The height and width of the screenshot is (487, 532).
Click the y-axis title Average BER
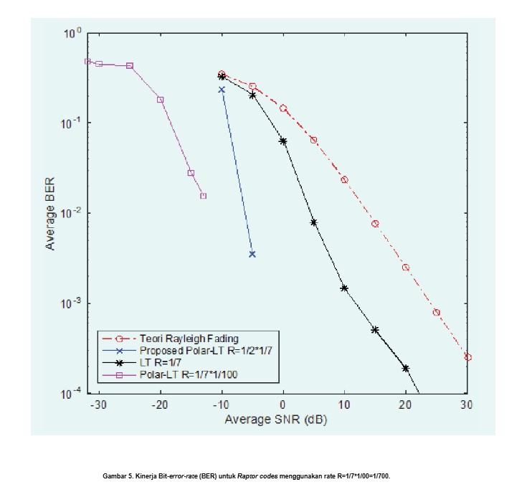click(52, 213)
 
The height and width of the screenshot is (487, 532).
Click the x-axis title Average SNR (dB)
click(275, 419)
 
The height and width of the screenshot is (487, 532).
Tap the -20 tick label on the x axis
click(160, 405)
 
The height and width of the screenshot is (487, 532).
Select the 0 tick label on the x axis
click(282, 405)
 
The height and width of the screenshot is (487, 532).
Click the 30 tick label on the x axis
click(467, 405)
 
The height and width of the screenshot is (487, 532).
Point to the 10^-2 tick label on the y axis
click(73, 213)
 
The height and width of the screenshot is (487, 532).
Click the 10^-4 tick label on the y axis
click(73, 393)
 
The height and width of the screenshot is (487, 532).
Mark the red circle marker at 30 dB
click(467, 356)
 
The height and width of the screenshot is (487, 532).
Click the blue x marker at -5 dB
click(252, 254)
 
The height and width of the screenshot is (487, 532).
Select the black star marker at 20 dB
click(406, 368)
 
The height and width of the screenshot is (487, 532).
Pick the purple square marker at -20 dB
click(161, 100)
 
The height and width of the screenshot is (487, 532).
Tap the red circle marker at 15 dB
click(375, 224)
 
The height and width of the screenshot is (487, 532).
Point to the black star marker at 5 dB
click(313, 222)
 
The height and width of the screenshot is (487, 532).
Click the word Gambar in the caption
click(114, 476)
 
